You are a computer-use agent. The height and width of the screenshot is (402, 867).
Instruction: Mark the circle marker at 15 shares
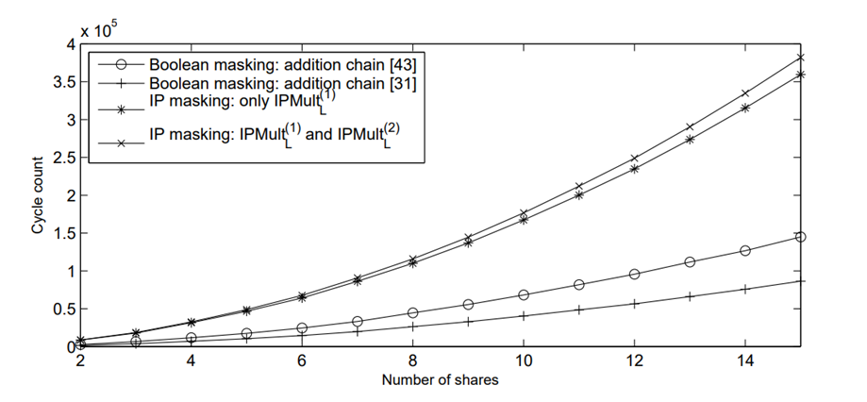[x=800, y=237]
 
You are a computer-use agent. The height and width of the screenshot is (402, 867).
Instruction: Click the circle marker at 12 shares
[x=635, y=274]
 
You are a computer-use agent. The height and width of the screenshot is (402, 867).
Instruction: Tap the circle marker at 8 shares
[x=413, y=312]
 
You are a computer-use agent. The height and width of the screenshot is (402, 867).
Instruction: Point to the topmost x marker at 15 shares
[x=800, y=57]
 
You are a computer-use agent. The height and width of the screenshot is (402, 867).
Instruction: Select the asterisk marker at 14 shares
[x=745, y=108]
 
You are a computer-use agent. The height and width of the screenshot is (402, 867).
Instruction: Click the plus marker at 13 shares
[x=690, y=295]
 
